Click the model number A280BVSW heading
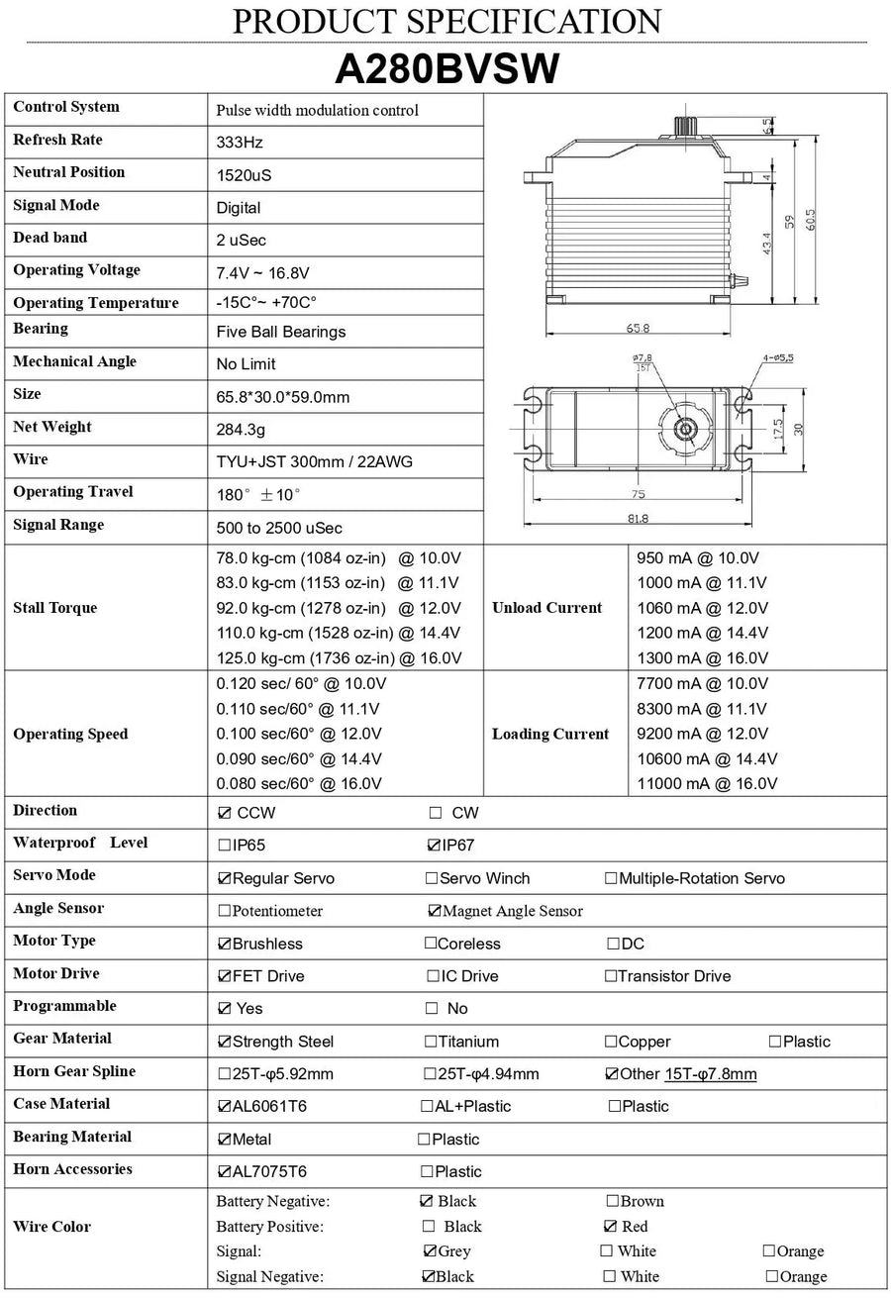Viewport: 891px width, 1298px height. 447,69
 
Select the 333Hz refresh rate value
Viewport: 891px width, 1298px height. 240,143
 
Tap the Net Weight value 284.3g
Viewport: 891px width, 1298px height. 241,430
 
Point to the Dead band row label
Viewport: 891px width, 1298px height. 50,238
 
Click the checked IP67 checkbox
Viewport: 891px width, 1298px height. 432,846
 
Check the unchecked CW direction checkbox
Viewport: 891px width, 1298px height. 435,813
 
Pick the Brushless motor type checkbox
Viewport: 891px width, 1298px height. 224,944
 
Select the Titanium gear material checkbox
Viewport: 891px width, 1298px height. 431,1041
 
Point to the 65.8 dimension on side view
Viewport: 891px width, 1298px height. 639,328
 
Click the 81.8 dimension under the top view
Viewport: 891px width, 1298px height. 637,518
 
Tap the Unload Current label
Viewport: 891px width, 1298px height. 546,608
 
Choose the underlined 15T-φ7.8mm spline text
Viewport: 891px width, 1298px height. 710,1074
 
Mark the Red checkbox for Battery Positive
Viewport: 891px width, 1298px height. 611,1227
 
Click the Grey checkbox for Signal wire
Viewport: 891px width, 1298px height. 430,1251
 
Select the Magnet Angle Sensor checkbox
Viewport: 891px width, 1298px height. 434,911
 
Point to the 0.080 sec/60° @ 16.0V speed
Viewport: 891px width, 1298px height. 299,783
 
